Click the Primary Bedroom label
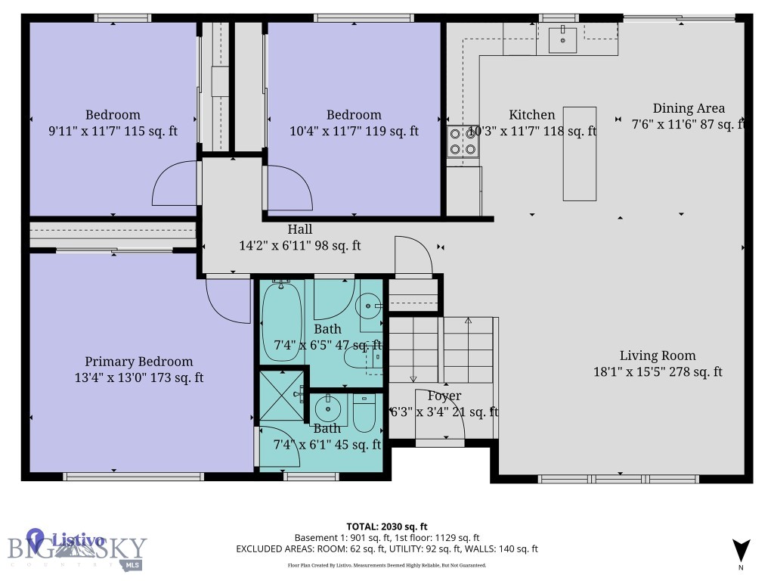click(138, 362)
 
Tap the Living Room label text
click(658, 356)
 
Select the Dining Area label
click(689, 108)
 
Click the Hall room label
click(299, 229)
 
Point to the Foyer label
click(444, 396)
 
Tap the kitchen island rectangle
click(580, 154)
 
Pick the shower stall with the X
click(280, 394)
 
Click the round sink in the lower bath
click(328, 411)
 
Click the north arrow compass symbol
click(741, 551)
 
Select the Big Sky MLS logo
click(76, 550)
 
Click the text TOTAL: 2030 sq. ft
click(387, 527)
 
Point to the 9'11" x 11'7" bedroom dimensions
click(113, 131)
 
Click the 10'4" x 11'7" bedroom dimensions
click(354, 131)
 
